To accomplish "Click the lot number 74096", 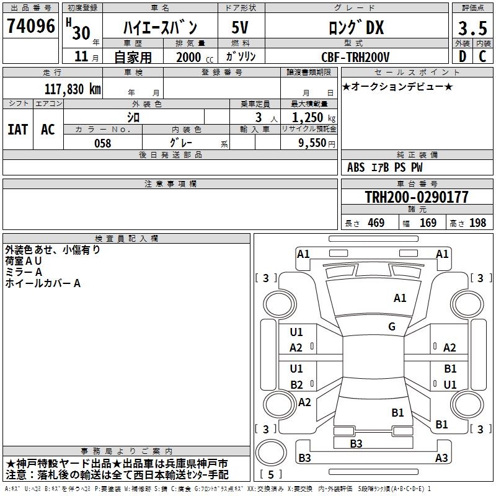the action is pos(31,26).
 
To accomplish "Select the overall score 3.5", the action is pos(472,28).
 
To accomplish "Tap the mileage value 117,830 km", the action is pos(73,89).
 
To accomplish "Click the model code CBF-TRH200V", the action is pos(355,57).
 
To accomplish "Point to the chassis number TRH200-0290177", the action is pos(417,197).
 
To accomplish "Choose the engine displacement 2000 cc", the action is pos(195,58).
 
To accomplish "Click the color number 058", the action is pos(103,143).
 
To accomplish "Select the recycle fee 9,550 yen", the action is pos(317,143).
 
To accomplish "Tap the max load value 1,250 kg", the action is pos(314,118).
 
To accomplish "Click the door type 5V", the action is pos(240,27).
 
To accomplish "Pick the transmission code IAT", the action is pos(18,130).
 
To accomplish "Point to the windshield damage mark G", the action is pos(392,327).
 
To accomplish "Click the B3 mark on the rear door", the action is pos(356,443).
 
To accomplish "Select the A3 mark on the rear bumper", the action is pos(441,458).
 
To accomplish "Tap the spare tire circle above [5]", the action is pos(271,453).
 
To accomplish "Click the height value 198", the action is pos(477,223).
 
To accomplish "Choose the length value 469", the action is pos(376,223).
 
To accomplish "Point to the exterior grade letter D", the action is pos(463,56).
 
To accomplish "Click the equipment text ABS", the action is pos(356,167).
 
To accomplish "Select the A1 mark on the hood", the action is pos(400,298).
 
